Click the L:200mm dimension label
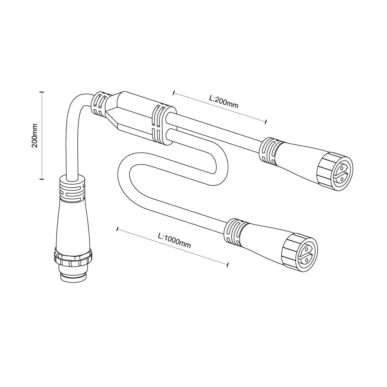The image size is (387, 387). point(224,102)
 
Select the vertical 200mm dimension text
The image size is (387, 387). point(34,135)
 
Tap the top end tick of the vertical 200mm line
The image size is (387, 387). point(42,92)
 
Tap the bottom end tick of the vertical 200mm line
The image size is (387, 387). point(42,178)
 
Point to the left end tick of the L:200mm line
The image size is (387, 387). point(174,93)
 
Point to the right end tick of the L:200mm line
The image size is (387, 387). point(265,121)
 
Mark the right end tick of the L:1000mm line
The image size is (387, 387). point(227,264)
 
